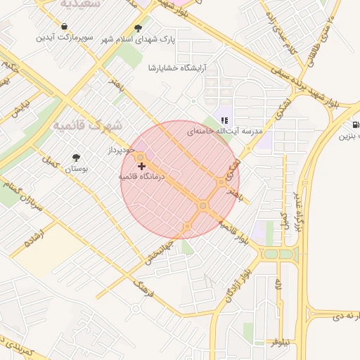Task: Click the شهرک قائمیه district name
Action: point(88,125)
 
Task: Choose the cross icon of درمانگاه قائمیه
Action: point(142,167)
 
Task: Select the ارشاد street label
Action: point(35,238)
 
